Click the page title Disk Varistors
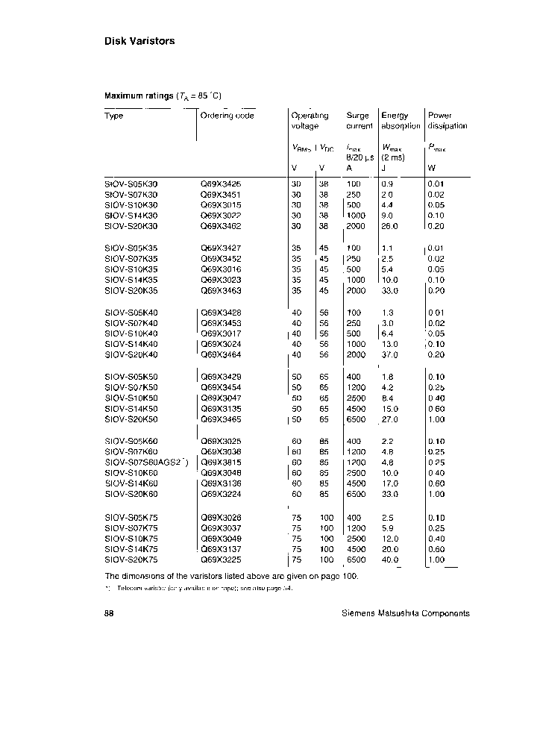pos(139,41)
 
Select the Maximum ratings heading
pos(162,96)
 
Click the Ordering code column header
pos(227,116)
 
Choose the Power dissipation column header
pos(447,121)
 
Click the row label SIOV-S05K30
pos(131,184)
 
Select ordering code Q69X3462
pos(221,225)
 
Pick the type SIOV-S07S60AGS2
pos(145,462)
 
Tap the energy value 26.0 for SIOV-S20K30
pos(390,225)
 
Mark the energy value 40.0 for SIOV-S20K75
pos(390,560)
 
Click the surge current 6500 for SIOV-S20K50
pos(356,420)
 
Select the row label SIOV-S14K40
pos(131,344)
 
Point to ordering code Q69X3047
pos(222,399)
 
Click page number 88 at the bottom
pos(109,613)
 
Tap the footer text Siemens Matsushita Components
pos(405,613)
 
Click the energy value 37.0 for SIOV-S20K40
pos(390,354)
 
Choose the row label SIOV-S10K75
pos(131,539)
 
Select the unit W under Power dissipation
pos(431,168)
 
